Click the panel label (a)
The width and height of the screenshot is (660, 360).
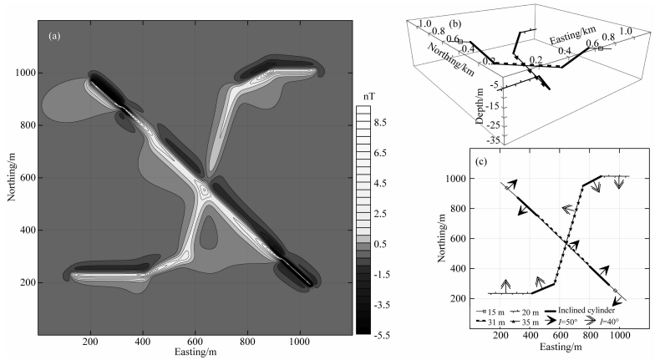(54, 36)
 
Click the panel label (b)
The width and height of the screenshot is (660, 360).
(455, 24)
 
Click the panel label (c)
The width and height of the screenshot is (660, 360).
(481, 161)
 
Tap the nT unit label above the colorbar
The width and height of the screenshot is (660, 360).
(368, 97)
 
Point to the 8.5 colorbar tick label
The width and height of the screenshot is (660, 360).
(379, 123)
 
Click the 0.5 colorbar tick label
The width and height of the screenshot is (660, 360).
(379, 244)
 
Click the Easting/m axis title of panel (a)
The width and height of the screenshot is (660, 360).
(195, 351)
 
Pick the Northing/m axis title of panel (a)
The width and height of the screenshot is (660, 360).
(12, 177)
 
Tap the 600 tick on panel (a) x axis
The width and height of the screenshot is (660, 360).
(195, 341)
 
